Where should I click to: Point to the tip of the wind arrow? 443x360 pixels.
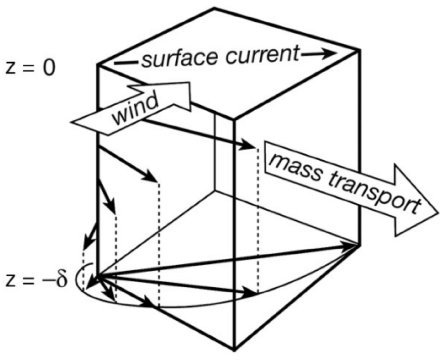click(201, 99)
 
